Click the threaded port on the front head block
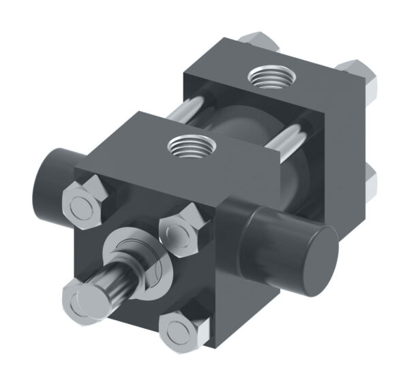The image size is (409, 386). (193, 145)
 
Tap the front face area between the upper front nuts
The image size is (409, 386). (136, 204)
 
